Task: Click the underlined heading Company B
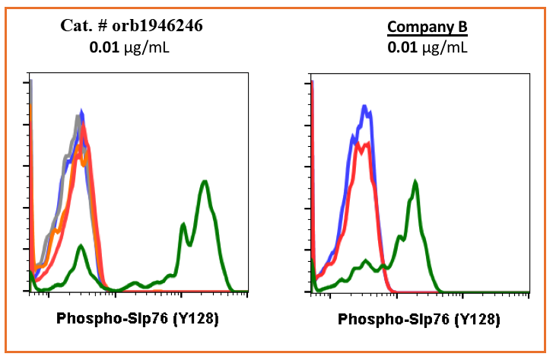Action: point(427,28)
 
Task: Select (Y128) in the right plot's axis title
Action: point(476,319)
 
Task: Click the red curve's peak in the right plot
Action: point(367,144)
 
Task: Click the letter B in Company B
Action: point(461,28)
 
